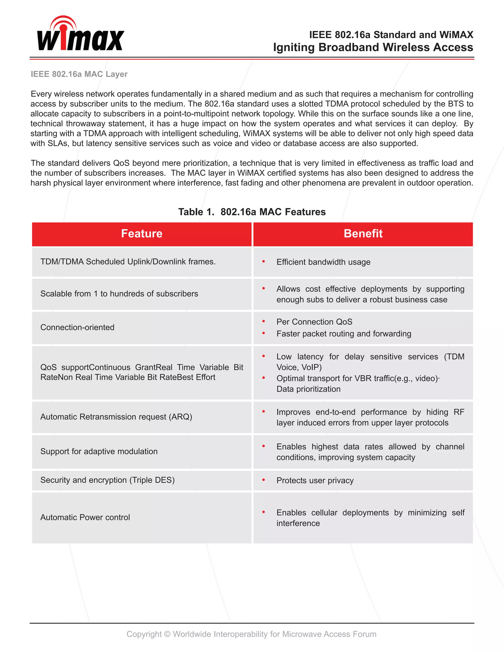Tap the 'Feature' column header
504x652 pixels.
click(142, 234)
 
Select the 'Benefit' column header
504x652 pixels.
click(363, 234)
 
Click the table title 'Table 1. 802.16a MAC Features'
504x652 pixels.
click(252, 212)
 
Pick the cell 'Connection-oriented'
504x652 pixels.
click(77, 327)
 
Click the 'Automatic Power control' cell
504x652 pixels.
click(85, 517)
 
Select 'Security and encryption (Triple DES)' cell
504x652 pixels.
click(108, 480)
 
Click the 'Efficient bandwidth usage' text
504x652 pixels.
click(323, 262)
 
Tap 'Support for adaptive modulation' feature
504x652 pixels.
click(99, 451)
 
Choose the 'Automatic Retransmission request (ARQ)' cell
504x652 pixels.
click(116, 417)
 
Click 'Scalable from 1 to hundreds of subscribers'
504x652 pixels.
click(119, 294)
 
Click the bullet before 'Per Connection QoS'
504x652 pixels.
click(264, 322)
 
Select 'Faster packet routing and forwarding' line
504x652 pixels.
click(344, 334)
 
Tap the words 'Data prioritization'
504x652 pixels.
click(308, 389)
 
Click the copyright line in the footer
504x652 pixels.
click(252, 634)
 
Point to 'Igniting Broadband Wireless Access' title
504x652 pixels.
click(373, 47)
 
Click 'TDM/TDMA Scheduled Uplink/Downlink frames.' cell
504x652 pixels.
click(128, 262)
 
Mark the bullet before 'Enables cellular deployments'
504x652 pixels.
click(264, 512)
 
